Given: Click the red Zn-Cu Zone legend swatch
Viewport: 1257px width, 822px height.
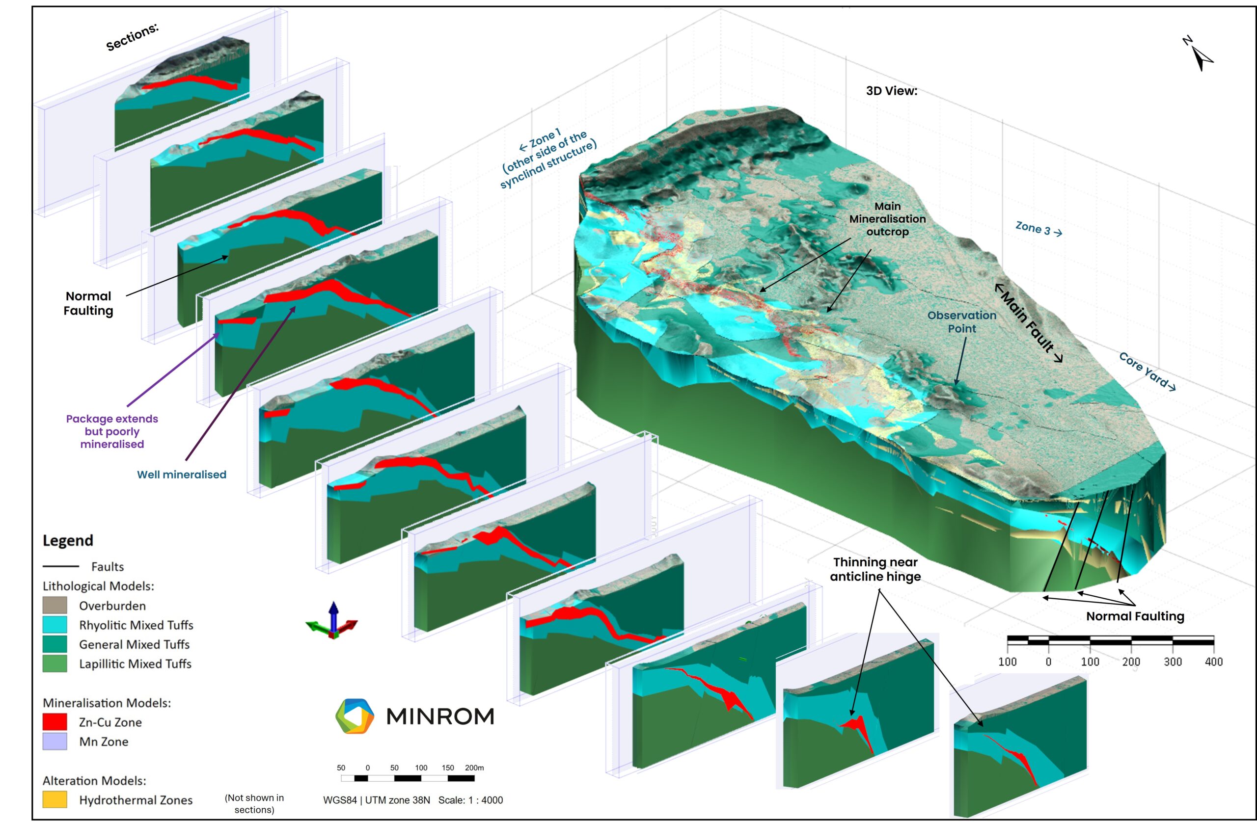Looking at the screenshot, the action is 55,722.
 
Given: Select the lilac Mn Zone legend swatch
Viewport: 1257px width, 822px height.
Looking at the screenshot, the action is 55,741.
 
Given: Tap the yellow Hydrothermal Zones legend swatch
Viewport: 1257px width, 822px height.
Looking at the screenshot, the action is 55,799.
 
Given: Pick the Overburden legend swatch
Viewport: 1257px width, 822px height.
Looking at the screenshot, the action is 55,605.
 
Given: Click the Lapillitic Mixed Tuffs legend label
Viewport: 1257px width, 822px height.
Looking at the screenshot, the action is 135,663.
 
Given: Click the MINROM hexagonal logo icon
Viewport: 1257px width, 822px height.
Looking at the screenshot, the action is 355,716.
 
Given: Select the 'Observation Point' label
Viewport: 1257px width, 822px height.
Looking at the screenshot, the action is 962,321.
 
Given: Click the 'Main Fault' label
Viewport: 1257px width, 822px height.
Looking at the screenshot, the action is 1029,323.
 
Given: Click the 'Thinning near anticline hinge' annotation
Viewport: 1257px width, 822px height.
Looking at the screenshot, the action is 875,569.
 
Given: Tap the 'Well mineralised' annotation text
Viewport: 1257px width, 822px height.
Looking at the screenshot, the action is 182,475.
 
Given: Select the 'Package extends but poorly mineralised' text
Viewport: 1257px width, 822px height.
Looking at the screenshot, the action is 112,431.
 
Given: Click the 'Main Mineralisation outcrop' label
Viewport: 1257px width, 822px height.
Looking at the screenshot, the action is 887,218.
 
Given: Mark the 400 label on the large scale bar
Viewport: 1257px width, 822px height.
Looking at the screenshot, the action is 1214,662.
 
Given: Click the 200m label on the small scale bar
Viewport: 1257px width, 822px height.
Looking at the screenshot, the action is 474,768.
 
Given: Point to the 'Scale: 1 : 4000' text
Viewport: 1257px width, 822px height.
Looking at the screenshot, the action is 470,800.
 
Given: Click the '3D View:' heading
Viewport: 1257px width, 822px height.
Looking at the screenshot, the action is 892,91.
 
